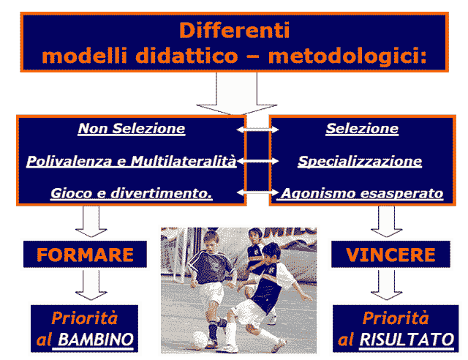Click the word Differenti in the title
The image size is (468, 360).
[x=234, y=30]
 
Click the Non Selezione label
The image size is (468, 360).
[x=132, y=129]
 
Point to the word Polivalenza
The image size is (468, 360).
[x=69, y=161]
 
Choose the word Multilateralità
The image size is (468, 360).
[x=184, y=161]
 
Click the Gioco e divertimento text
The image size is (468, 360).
[x=132, y=193]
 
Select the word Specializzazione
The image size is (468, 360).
[x=360, y=162]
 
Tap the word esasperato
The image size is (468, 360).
[x=401, y=194]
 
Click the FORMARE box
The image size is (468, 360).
[x=85, y=254]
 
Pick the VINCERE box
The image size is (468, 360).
[x=390, y=254]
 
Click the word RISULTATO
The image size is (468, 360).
[x=407, y=340]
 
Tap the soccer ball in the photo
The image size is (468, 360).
[x=200, y=340]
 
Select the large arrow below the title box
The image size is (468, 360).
[x=237, y=94]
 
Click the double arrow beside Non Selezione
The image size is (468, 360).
[x=257, y=130]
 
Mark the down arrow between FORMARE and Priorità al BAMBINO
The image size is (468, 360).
[x=91, y=285]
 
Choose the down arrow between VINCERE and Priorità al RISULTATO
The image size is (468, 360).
[x=387, y=285]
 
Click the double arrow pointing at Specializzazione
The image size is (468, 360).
[x=257, y=161]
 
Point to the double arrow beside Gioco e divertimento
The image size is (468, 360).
[x=257, y=192]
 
